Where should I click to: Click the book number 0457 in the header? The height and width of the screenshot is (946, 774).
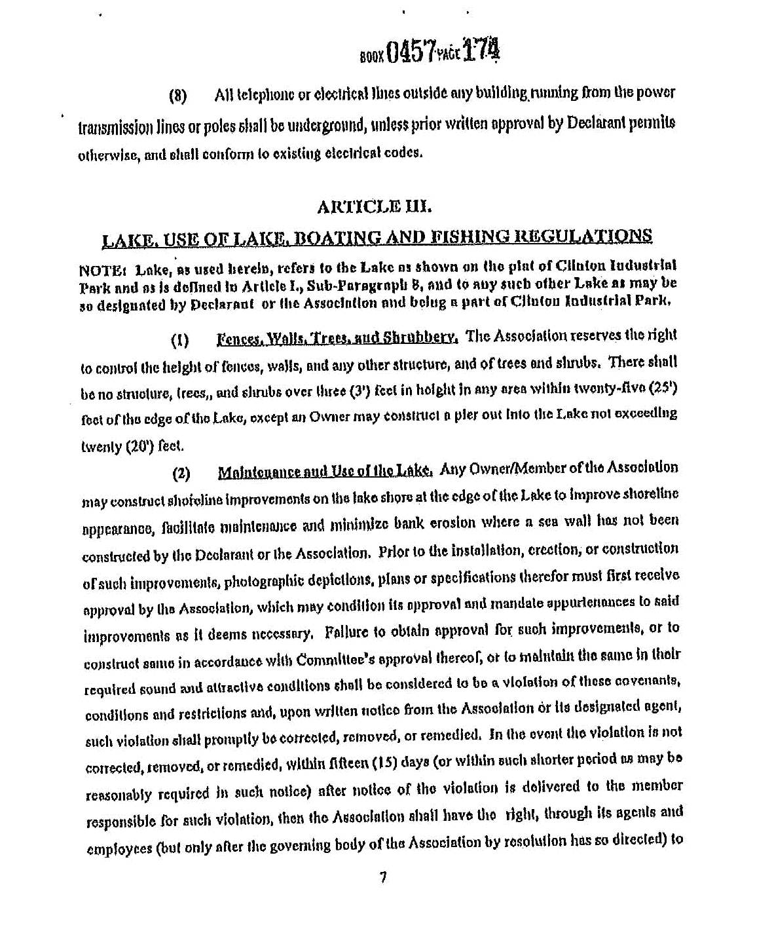coord(411,52)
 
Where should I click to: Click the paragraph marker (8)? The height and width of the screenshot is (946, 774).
coord(178,96)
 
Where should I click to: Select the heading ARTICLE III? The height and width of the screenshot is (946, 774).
coord(374,208)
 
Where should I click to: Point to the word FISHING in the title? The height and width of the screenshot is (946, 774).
coord(464,236)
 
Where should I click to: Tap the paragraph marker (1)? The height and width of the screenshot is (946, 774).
coord(179,341)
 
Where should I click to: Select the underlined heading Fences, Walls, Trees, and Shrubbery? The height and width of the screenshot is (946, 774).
coord(337,338)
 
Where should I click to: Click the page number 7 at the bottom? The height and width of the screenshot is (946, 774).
coord(383,877)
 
